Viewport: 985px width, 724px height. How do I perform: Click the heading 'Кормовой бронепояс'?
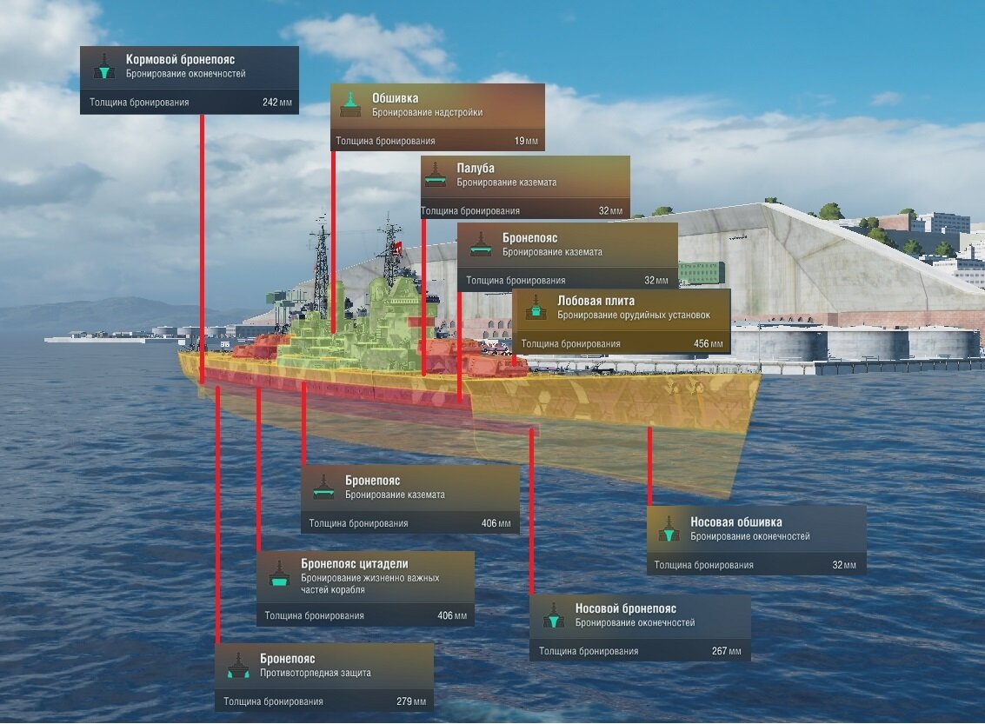click(x=180, y=60)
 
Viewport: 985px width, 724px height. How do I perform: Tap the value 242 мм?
click(x=277, y=103)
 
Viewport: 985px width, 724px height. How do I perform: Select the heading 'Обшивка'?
click(x=396, y=98)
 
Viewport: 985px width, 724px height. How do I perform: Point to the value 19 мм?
click(x=526, y=142)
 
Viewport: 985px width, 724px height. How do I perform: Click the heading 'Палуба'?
click(x=476, y=169)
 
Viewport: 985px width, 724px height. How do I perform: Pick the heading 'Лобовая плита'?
click(x=596, y=301)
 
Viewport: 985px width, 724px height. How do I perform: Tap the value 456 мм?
click(x=708, y=344)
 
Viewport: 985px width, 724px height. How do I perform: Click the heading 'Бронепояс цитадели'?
click(x=355, y=564)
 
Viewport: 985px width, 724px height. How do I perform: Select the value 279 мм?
click(x=411, y=701)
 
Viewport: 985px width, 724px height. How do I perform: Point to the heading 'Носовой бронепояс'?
click(x=626, y=608)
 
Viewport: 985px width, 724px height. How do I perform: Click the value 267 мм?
click(x=726, y=651)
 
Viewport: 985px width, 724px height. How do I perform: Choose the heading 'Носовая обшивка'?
click(x=736, y=521)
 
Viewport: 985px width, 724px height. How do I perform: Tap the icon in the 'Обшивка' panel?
click(x=349, y=104)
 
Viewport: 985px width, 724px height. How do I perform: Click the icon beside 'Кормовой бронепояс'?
click(x=104, y=66)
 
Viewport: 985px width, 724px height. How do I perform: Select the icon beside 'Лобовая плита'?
click(x=536, y=307)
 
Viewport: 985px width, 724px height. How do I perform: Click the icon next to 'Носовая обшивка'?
click(x=669, y=528)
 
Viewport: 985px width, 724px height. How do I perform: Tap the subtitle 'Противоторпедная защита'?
click(x=316, y=673)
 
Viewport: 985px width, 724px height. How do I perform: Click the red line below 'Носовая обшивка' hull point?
click(x=649, y=466)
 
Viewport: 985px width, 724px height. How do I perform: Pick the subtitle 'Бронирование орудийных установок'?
click(x=634, y=316)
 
